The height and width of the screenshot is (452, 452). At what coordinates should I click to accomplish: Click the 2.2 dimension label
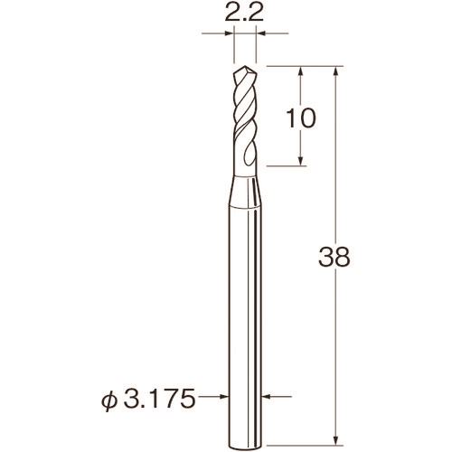pos(244,13)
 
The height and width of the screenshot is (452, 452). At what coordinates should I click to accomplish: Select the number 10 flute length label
pos(301,118)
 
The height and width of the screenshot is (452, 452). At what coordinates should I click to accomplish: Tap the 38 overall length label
pos(334,257)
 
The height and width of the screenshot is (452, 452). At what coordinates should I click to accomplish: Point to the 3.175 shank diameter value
pos(159,397)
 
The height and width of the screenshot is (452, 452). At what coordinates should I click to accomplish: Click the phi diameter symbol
pos(108,399)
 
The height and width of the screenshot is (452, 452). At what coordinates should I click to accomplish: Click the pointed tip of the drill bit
pos(245,67)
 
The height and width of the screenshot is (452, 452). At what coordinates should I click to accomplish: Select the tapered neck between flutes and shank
pos(245,193)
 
